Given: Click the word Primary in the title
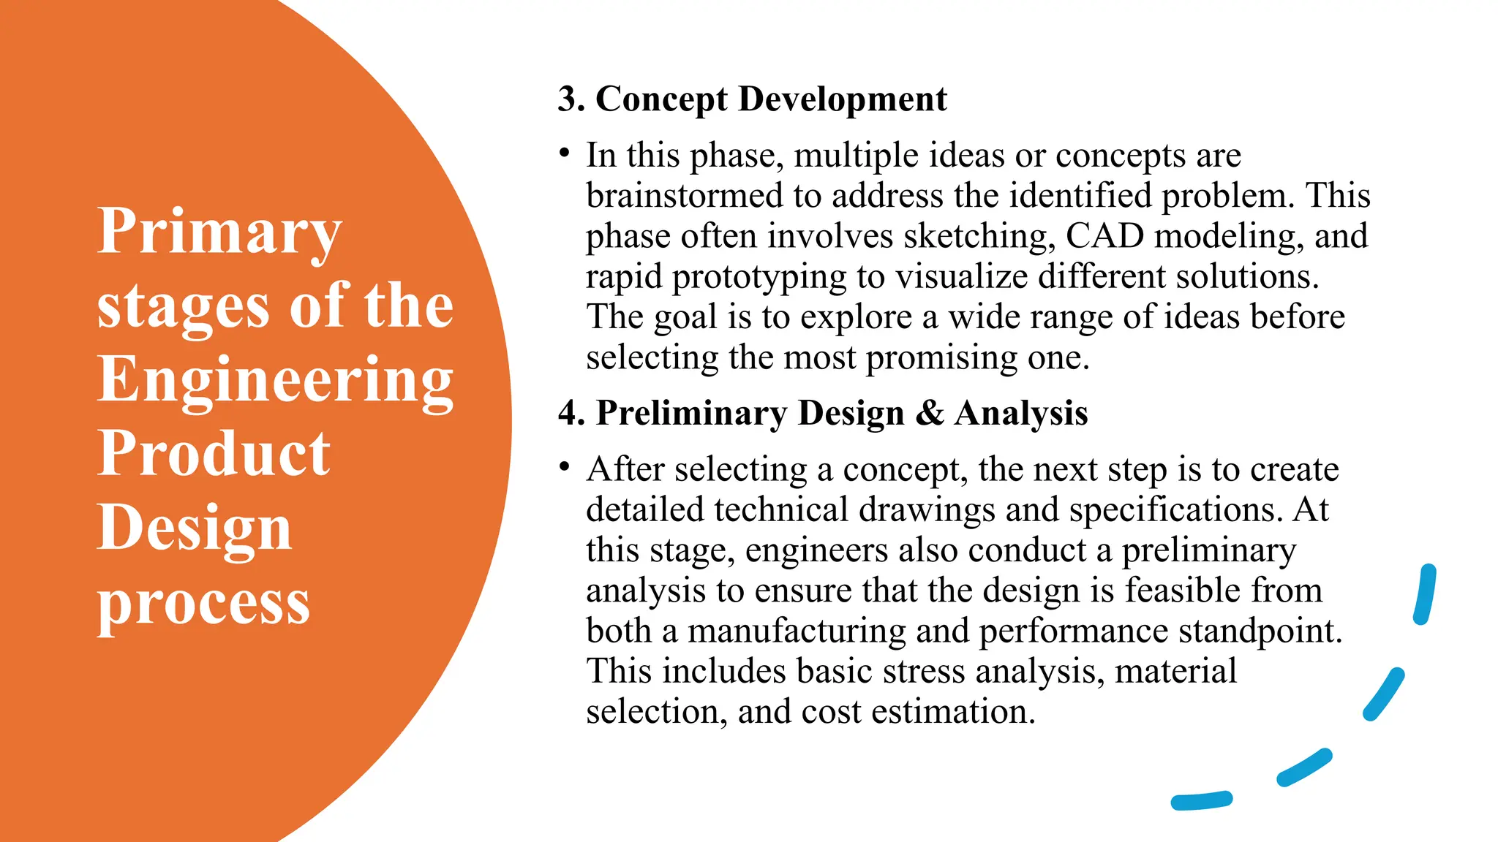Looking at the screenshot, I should point(219,232).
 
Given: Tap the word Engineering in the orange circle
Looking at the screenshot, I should point(275,380).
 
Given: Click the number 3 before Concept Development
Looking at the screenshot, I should point(568,99).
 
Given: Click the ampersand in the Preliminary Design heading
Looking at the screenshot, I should point(929,413).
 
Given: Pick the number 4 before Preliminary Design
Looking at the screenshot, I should point(568,413).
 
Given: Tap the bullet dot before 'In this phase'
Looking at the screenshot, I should point(564,153).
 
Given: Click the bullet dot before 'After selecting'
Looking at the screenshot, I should point(564,467).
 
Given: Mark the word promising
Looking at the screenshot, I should point(941,358).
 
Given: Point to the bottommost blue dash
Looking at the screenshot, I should point(1201,801).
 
